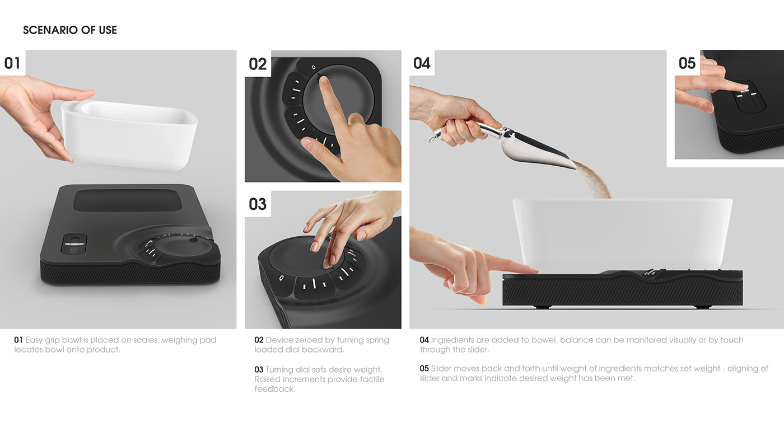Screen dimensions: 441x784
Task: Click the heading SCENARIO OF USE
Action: [x=70, y=30]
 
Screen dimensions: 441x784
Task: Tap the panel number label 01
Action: [x=12, y=63]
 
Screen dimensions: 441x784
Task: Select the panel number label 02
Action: [x=258, y=64]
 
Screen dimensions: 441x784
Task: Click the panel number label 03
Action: [x=258, y=204]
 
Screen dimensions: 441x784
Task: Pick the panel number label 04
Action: [x=422, y=63]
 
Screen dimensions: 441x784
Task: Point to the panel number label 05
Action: [x=687, y=63]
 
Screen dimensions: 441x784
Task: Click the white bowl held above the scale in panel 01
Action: [x=129, y=134]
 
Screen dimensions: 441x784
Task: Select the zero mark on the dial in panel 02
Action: [x=313, y=67]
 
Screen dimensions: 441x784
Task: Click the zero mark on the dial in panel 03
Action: [x=281, y=277]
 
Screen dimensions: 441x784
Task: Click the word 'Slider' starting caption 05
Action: [x=442, y=368]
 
